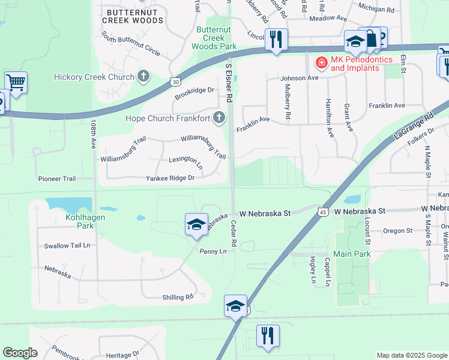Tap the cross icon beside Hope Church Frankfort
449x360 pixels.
pyautogui.click(x=220, y=117)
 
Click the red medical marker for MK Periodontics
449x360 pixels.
pyautogui.click(x=322, y=62)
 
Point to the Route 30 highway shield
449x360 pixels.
pyautogui.click(x=175, y=82)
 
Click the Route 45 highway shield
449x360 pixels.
pyautogui.click(x=323, y=212)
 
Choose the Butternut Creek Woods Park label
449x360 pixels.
pyautogui.click(x=214, y=37)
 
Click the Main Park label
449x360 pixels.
pyautogui.click(x=352, y=254)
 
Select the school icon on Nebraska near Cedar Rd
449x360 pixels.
pyautogui.click(x=196, y=224)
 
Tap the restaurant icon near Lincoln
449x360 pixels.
pyautogui.click(x=276, y=40)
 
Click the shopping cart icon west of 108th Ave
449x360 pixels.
pyautogui.click(x=16, y=83)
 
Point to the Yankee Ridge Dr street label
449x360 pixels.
pyautogui.click(x=170, y=178)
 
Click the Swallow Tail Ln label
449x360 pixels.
pyautogui.click(x=67, y=246)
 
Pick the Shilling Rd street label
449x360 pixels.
pyautogui.click(x=178, y=297)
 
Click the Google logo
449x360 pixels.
pyautogui.click(x=20, y=353)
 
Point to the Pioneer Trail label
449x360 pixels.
pyautogui.click(x=57, y=179)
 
